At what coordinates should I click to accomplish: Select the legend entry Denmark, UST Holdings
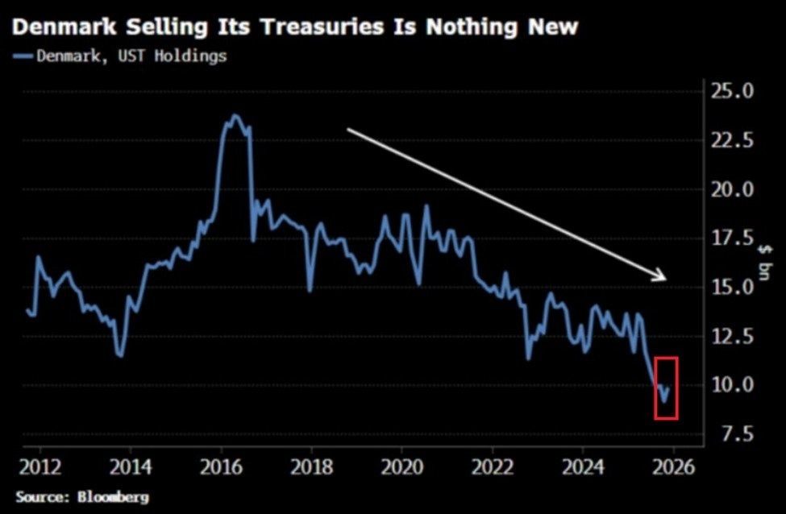(x=120, y=56)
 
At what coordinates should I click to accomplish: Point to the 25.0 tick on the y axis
(x=732, y=91)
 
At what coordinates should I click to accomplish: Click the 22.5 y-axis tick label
(x=732, y=140)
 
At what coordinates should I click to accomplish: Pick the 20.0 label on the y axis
(x=732, y=189)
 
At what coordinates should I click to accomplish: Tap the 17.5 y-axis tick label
(x=732, y=238)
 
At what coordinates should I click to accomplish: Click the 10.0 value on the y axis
(x=732, y=385)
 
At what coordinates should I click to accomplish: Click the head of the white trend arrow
(x=664, y=278)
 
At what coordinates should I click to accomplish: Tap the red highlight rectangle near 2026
(x=666, y=388)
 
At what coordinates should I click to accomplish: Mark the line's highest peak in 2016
(x=235, y=115)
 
